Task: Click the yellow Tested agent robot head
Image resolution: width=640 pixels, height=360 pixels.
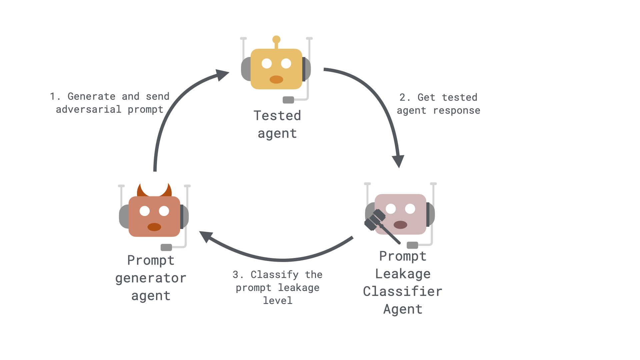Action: (x=276, y=69)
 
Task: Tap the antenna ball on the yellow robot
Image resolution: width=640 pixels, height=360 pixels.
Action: (x=276, y=40)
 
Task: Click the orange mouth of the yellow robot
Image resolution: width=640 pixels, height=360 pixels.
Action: (x=276, y=79)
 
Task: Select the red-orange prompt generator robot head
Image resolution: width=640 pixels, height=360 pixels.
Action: (x=154, y=217)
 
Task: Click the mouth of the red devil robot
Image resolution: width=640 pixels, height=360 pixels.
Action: (x=154, y=227)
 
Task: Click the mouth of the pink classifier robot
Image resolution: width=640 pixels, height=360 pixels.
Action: (x=400, y=225)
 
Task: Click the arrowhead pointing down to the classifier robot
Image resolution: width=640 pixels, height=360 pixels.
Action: (x=398, y=161)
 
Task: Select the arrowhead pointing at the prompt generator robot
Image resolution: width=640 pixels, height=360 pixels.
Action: (x=206, y=236)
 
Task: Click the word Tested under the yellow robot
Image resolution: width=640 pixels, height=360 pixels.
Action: (x=277, y=116)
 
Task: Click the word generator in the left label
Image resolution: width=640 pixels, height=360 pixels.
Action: (x=151, y=278)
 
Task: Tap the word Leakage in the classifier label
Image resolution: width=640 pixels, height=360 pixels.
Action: (x=403, y=274)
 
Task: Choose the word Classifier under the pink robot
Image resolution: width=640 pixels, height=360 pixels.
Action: (x=403, y=291)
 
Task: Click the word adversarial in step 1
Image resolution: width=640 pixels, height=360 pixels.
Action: (x=89, y=109)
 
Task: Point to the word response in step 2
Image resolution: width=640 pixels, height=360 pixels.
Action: (x=457, y=111)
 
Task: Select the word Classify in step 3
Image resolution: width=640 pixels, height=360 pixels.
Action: (x=275, y=275)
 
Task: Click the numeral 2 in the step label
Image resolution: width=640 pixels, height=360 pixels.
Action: (x=403, y=97)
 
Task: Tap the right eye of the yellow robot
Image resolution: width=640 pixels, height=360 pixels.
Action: (x=286, y=63)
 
